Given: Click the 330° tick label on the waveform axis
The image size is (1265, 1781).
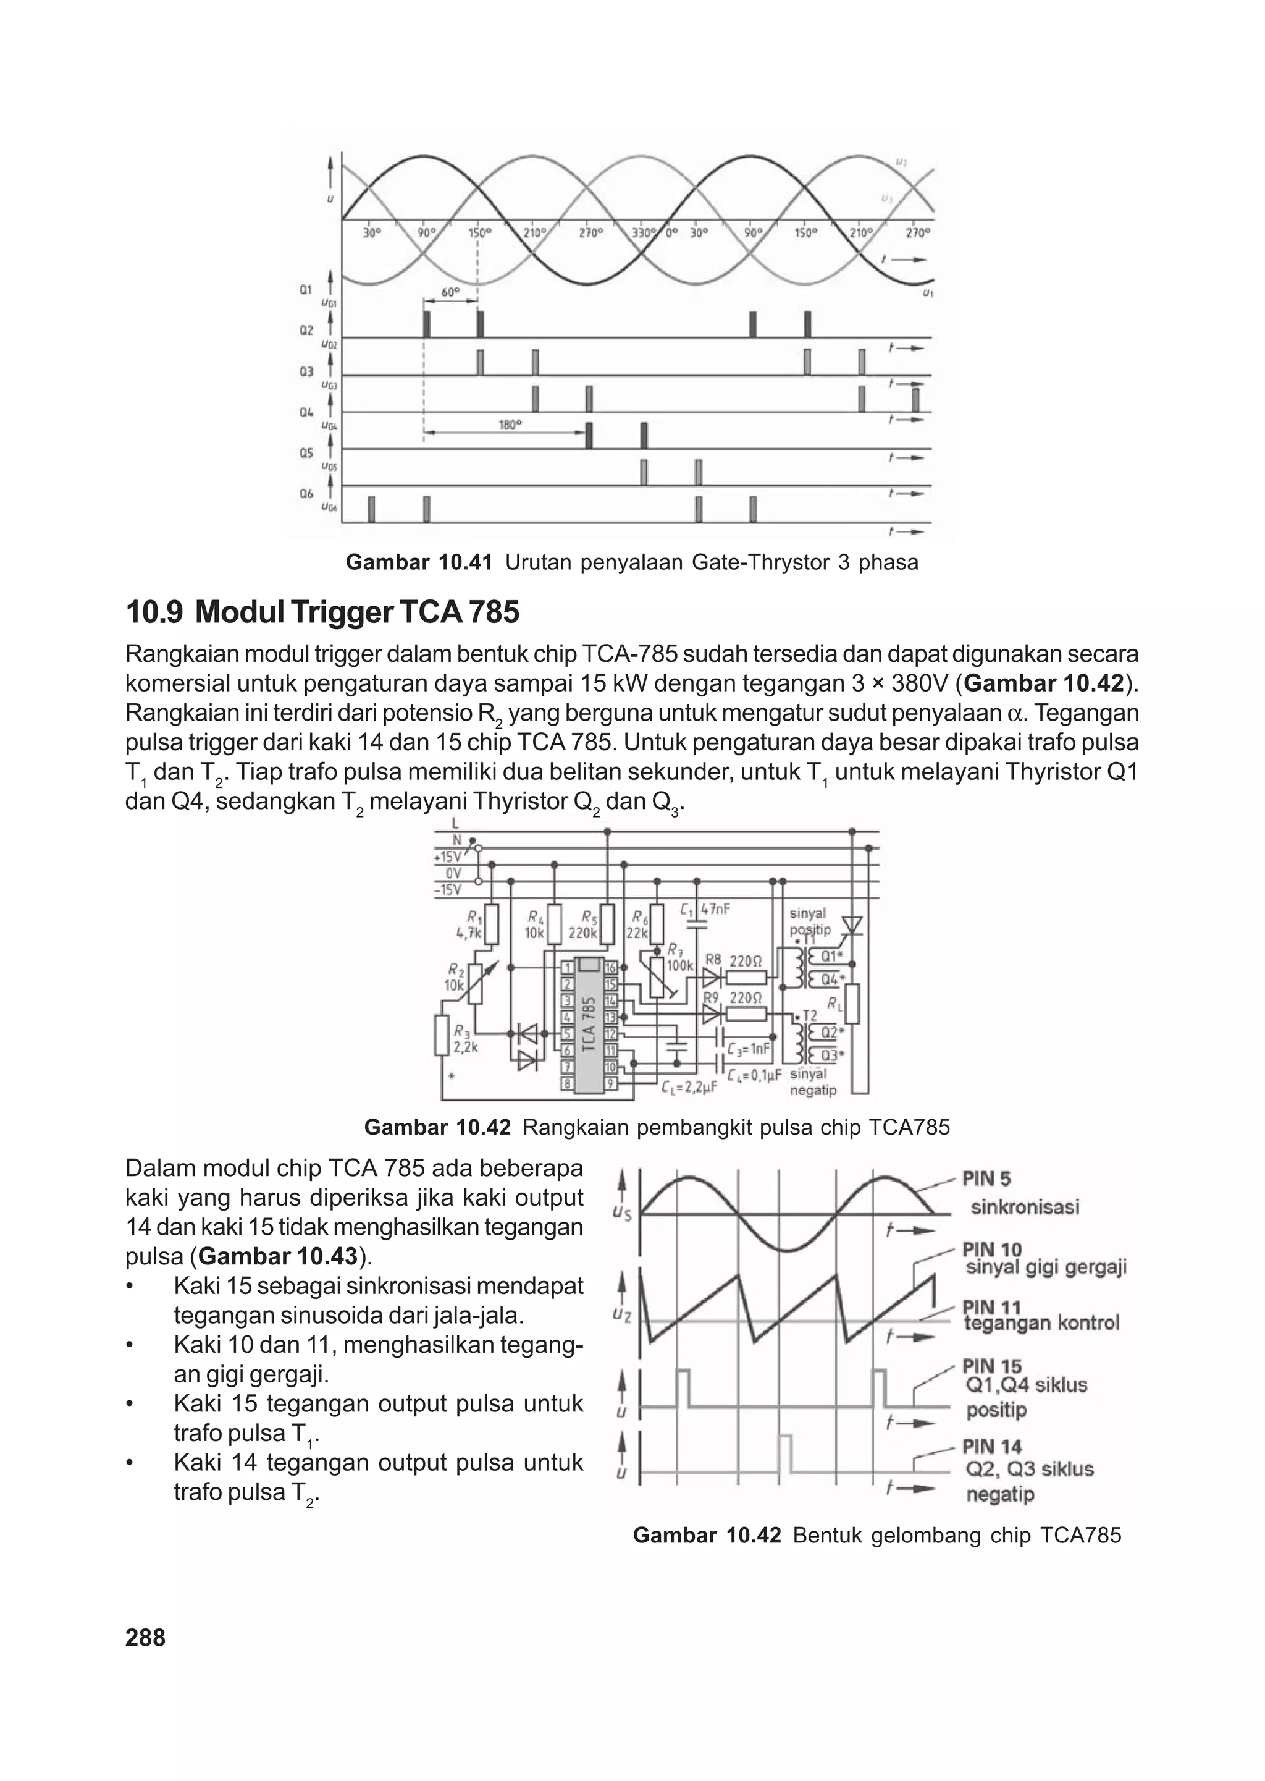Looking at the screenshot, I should pyautogui.click(x=644, y=232).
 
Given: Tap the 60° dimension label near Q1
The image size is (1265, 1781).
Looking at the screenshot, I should pyautogui.click(x=451, y=292).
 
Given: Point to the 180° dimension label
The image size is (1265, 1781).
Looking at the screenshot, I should pyautogui.click(x=510, y=425).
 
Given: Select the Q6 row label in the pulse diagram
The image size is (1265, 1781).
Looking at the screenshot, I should pyautogui.click(x=306, y=494).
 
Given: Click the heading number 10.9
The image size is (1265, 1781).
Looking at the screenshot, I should pyautogui.click(x=153, y=612).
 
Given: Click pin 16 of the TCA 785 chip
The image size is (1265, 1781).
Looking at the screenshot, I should pyautogui.click(x=611, y=968).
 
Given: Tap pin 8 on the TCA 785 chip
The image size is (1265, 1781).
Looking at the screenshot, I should pyautogui.click(x=567, y=1083).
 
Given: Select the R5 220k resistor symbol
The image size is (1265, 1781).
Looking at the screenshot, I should pyautogui.click(x=608, y=923).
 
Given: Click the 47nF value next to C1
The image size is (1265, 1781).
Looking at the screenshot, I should pyautogui.click(x=716, y=908).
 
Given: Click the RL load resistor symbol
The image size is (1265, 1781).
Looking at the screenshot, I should pyautogui.click(x=852, y=1005).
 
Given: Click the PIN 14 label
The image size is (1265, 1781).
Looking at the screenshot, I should pyautogui.click(x=991, y=1447).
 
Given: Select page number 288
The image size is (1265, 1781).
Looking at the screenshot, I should pyautogui.click(x=146, y=1638).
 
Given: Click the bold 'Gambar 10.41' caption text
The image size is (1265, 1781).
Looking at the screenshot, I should pyautogui.click(x=418, y=562).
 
